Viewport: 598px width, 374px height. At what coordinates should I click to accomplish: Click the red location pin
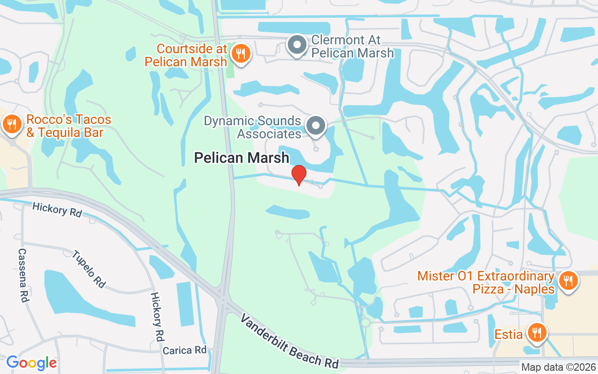click(x=299, y=174)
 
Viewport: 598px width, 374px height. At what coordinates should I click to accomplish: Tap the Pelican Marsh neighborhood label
click(x=242, y=158)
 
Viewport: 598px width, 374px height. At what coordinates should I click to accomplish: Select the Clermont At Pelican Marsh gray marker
click(x=297, y=45)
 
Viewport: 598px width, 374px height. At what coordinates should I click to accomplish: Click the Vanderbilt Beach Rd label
click(x=289, y=340)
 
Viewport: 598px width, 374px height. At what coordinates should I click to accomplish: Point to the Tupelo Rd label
click(x=89, y=269)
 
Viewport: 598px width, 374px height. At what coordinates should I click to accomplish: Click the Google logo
click(x=31, y=362)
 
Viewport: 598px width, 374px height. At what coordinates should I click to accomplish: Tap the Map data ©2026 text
click(x=558, y=367)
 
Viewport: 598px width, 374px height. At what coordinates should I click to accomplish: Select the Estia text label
click(x=508, y=335)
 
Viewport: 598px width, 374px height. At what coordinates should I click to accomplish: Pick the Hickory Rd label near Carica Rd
click(x=157, y=316)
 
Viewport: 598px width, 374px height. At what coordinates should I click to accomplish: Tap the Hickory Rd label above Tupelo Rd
click(x=57, y=210)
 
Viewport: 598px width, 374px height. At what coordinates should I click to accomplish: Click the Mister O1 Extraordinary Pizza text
click(x=486, y=282)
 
